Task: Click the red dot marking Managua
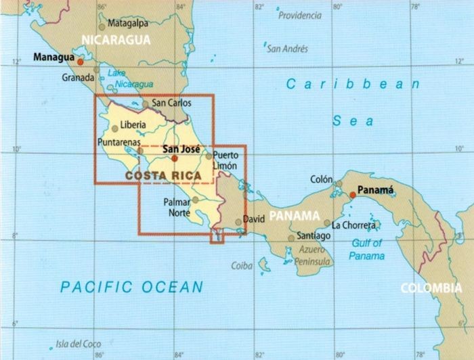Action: click(81, 62)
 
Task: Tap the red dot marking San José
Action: click(174, 158)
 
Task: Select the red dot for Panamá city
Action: click(353, 195)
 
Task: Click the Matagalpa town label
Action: click(127, 22)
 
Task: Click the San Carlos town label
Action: click(171, 104)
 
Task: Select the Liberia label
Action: click(133, 125)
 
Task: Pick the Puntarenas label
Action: click(118, 143)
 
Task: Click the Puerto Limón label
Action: click(225, 159)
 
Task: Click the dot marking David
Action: click(238, 221)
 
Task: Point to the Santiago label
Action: click(314, 236)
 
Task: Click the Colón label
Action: click(321, 179)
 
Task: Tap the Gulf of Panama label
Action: click(368, 250)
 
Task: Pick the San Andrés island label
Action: click(287, 49)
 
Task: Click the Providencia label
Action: click(300, 15)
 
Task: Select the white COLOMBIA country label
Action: click(431, 288)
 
